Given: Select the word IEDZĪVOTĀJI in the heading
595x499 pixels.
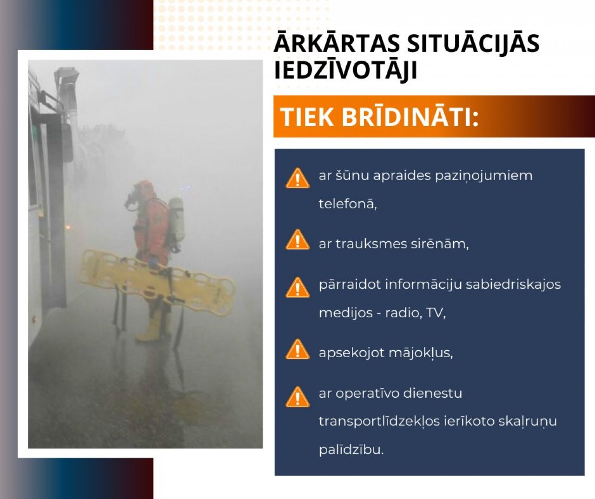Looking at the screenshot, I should tap(345, 70).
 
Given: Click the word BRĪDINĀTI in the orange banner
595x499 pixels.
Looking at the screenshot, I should tap(410, 117).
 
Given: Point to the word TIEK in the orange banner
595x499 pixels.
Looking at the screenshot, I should tap(307, 117).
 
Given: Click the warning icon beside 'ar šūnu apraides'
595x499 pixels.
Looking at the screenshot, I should tap(297, 178).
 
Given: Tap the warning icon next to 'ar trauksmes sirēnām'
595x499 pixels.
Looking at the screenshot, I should tap(297, 240).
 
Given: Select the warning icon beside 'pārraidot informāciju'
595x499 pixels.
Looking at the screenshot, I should tap(297, 287).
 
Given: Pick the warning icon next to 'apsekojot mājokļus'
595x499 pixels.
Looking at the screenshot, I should tap(297, 350).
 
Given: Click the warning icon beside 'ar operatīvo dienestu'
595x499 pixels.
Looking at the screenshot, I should tap(297, 397).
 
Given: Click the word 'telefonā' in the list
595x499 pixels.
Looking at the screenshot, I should tap(347, 204).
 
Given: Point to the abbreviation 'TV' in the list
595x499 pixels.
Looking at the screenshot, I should tap(435, 313).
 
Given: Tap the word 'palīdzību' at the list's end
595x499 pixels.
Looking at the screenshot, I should tap(351, 450).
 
